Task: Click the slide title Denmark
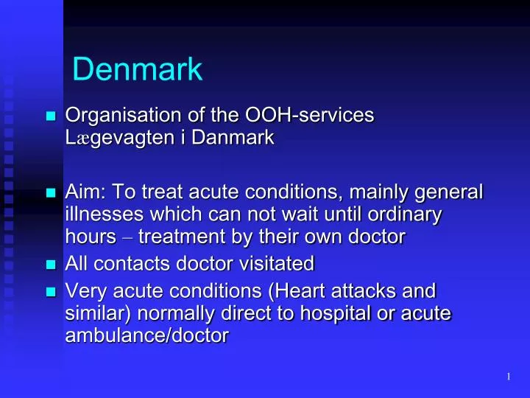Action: pyautogui.click(x=138, y=70)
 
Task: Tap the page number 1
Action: pyautogui.click(x=509, y=377)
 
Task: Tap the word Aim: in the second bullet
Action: pyautogui.click(x=85, y=194)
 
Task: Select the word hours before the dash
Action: pyautogui.click(x=91, y=238)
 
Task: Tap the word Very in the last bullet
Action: pyautogui.click(x=84, y=290)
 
